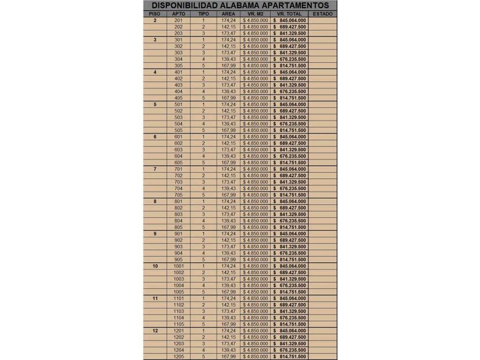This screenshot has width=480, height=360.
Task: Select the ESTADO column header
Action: (x=323, y=13)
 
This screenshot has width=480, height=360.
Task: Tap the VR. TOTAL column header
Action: (x=289, y=13)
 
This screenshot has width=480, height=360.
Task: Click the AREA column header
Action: (x=228, y=13)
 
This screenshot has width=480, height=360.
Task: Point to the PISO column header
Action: (x=154, y=13)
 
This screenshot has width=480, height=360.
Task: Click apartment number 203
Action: (x=178, y=33)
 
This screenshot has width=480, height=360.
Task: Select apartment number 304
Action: (x=178, y=59)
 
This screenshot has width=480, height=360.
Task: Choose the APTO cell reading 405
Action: (x=178, y=98)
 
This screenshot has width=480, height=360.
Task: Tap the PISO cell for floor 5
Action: (x=155, y=105)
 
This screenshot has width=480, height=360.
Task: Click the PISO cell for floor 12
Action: (x=155, y=330)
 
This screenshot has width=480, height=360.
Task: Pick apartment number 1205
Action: (x=178, y=356)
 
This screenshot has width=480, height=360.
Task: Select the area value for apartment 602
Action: (x=229, y=143)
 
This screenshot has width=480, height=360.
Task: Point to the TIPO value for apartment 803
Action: (x=203, y=214)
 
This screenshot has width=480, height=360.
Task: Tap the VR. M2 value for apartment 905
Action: (x=255, y=259)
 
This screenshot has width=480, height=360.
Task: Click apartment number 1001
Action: (x=178, y=266)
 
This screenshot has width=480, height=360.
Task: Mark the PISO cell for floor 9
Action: (x=155, y=234)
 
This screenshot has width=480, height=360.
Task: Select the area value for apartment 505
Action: (x=229, y=130)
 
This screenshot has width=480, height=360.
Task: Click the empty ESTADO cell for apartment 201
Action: (x=323, y=21)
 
